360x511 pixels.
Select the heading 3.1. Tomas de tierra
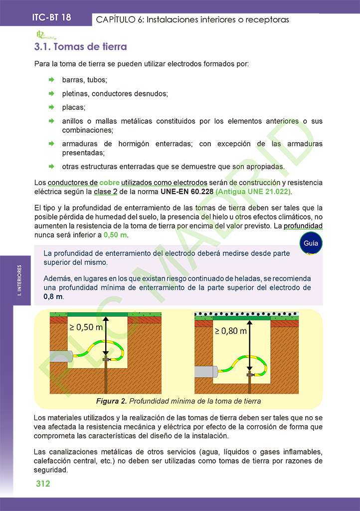80,47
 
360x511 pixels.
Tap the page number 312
43,484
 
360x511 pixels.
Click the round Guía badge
311,244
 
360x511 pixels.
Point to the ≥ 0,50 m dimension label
86,327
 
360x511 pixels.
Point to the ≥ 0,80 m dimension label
230,330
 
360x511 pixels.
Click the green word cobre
109,182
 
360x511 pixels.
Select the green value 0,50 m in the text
116,235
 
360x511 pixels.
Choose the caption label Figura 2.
112,401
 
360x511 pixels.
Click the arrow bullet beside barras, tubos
51,80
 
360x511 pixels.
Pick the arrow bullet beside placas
51,107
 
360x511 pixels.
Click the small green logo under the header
44,34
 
